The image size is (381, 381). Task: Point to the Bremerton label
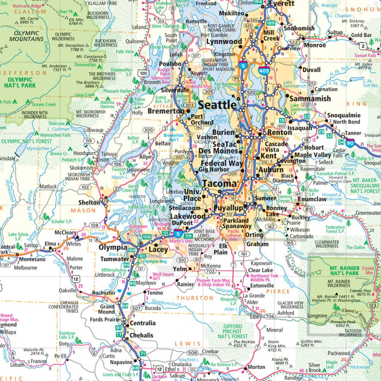[165, 111]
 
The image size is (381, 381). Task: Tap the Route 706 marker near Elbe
[270, 317]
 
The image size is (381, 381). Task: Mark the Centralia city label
[142, 323]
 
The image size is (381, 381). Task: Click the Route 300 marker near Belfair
[149, 130]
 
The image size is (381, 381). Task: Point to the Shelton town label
[89, 202]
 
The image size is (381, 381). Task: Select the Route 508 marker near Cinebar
[193, 353]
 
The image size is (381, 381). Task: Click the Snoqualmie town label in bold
[344, 115]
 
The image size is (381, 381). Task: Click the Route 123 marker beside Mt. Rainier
[373, 305]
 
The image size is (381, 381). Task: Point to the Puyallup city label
[228, 208]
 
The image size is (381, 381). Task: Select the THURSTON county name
[195, 298]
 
